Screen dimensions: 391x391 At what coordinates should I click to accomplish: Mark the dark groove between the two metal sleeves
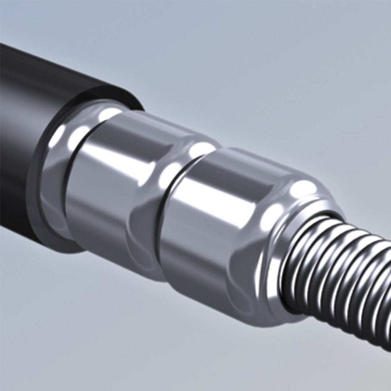tap(166, 219)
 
